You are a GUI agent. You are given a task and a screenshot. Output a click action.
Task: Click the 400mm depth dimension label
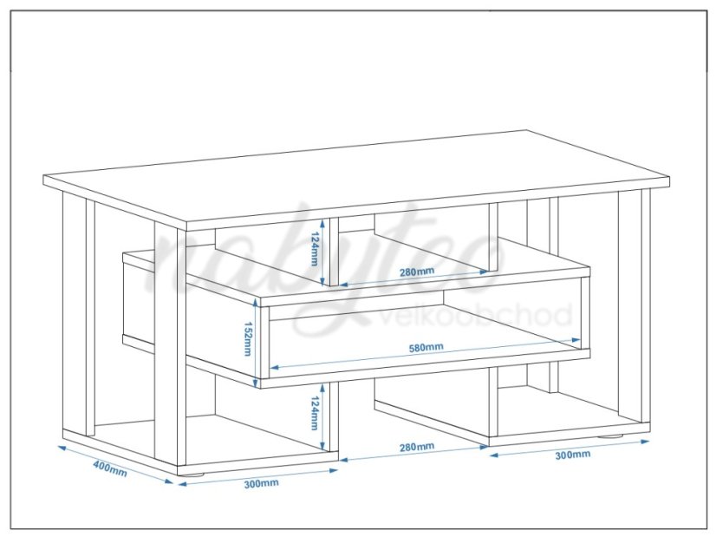pyautogui.click(x=110, y=468)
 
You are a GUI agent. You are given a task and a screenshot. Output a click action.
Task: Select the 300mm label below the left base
pyautogui.click(x=261, y=483)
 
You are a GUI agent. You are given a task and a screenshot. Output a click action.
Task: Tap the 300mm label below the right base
pyautogui.click(x=573, y=455)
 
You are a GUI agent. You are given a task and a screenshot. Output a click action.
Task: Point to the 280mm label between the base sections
pyautogui.click(x=417, y=447)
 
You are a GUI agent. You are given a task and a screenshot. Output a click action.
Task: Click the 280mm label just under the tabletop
pyautogui.click(x=417, y=272)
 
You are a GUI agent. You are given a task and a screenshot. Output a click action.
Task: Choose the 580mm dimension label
pyautogui.click(x=426, y=347)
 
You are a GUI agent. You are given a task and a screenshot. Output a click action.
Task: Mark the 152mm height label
pyautogui.click(x=248, y=338)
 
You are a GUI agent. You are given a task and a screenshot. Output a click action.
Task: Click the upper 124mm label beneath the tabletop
pyautogui.click(x=314, y=249)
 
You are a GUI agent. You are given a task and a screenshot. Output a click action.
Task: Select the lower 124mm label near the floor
pyautogui.click(x=314, y=413)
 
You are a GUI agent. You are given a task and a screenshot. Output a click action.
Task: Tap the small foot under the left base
pyautogui.click(x=191, y=475)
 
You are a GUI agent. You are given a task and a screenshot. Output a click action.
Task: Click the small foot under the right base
pyautogui.click(x=611, y=436)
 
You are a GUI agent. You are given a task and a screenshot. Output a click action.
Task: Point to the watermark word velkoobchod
pyautogui.click(x=475, y=315)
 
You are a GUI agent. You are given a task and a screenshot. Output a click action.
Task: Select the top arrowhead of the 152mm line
pyautogui.click(x=257, y=303)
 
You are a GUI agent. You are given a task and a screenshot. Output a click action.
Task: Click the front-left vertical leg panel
pyautogui.click(x=170, y=347)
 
